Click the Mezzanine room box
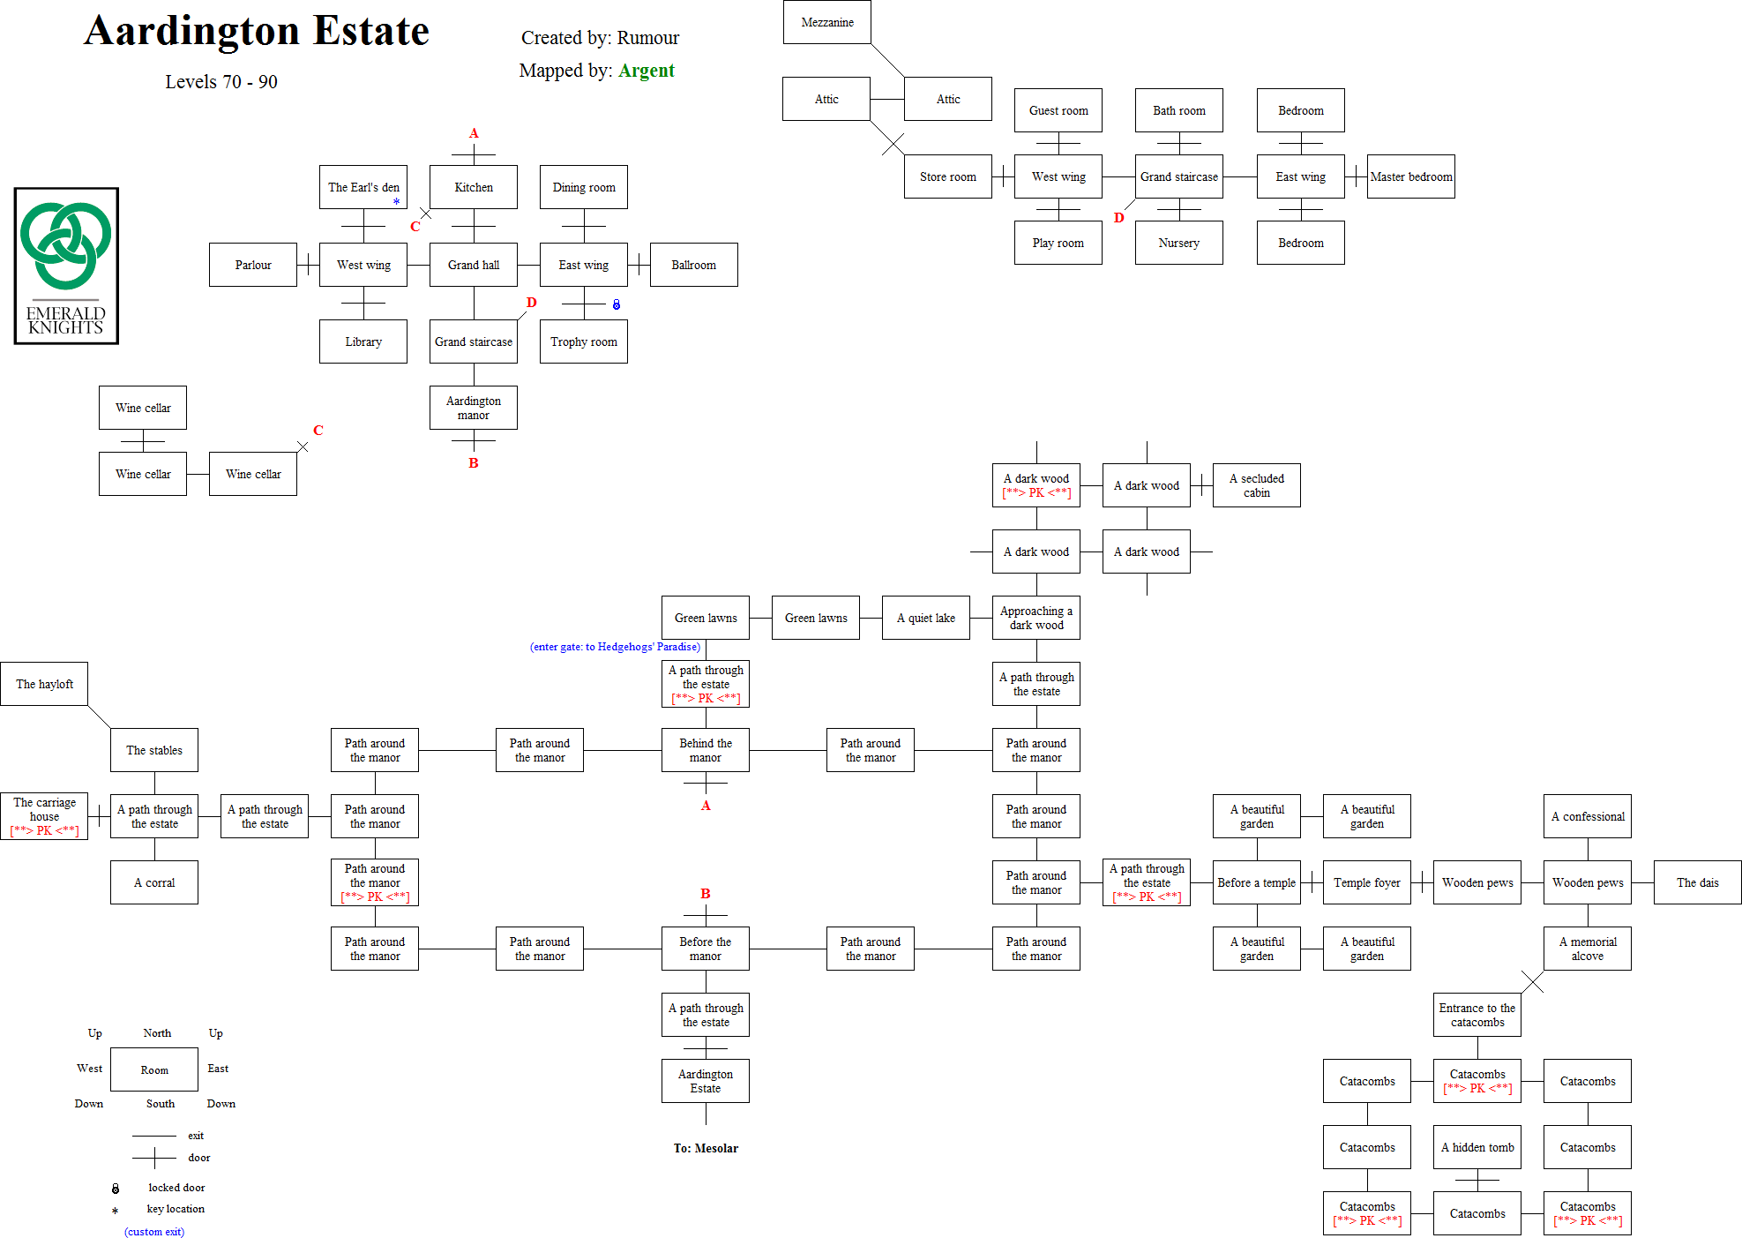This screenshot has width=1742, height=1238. click(826, 22)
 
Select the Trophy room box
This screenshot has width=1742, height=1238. click(583, 341)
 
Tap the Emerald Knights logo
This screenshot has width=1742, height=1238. click(66, 266)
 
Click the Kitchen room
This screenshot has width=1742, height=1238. click(473, 187)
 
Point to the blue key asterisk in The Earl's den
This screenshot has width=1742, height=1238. click(396, 202)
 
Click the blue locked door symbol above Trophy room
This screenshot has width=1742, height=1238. click(616, 304)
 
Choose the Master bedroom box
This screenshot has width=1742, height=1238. click(1410, 176)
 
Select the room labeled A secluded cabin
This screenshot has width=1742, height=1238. click(1256, 485)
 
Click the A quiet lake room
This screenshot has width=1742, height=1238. click(925, 618)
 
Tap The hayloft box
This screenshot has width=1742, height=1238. click(44, 684)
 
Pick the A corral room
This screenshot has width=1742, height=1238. click(153, 882)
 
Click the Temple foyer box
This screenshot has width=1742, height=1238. click(1366, 882)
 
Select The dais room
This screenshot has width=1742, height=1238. click(1697, 882)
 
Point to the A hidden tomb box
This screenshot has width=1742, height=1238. click(1477, 1147)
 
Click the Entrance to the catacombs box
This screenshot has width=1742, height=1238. click(1477, 1015)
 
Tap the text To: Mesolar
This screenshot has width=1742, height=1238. click(706, 1148)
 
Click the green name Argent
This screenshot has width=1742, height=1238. click(646, 71)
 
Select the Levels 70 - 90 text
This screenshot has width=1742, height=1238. click(221, 82)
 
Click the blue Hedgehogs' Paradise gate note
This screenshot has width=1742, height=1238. click(615, 647)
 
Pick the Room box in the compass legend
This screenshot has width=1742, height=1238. click(153, 1069)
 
